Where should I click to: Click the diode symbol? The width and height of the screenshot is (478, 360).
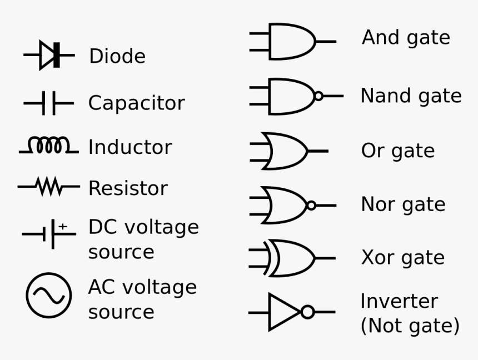[x=49, y=55]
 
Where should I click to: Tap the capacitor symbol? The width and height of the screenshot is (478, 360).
[x=49, y=103]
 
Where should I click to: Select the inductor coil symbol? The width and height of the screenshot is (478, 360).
[x=49, y=146]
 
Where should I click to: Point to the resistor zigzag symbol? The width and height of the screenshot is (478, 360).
[x=49, y=187]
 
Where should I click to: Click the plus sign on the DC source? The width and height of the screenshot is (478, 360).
[x=63, y=226]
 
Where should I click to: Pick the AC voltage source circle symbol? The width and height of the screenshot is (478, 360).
[x=49, y=296]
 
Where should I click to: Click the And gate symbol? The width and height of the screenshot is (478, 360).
[x=292, y=41]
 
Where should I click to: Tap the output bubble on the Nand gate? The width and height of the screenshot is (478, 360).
[x=318, y=96]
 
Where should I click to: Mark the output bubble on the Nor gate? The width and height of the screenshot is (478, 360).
[x=311, y=206]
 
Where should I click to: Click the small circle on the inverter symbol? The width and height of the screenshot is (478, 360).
[x=308, y=312]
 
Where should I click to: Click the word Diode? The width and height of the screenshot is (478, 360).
[x=117, y=56]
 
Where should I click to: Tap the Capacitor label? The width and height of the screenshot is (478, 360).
[x=136, y=103]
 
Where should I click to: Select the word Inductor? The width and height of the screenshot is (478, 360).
[x=130, y=147]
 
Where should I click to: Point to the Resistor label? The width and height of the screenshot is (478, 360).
[x=128, y=188]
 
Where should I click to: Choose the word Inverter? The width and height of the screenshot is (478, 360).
[x=399, y=301]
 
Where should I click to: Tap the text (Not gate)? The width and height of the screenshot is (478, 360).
[x=410, y=326]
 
